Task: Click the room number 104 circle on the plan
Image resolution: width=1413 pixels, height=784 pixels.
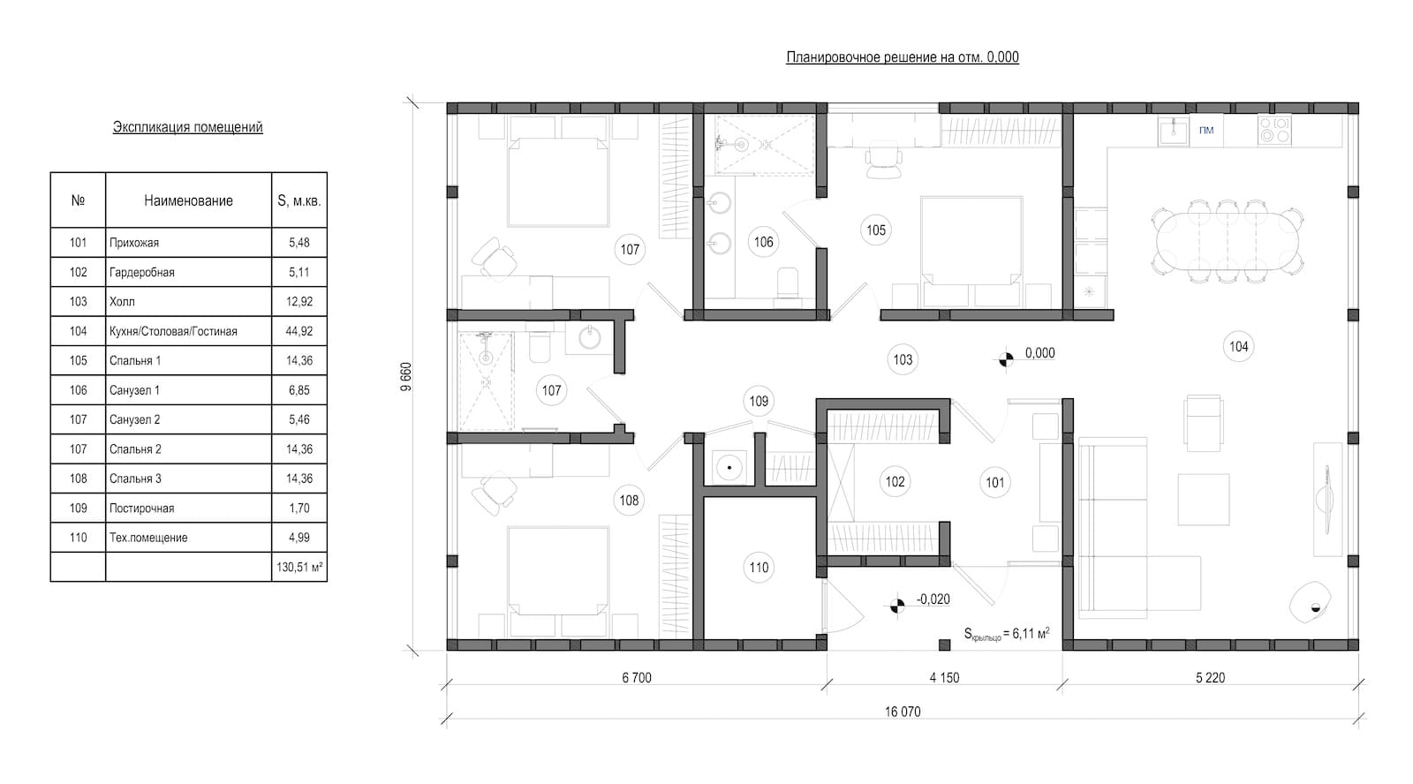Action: coord(1238,347)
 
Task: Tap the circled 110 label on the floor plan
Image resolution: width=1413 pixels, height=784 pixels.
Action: coord(759,568)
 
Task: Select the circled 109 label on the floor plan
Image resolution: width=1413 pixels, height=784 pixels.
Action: coord(759,401)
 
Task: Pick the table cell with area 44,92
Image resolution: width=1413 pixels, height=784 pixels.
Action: coord(299,331)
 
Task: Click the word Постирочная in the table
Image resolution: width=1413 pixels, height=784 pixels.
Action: coord(141,508)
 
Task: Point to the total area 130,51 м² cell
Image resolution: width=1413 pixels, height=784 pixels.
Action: coord(299,567)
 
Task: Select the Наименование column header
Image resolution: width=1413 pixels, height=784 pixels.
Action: coord(188,200)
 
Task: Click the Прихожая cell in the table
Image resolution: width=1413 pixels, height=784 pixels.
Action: coord(134,242)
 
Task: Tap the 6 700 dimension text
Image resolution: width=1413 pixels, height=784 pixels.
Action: coord(636,678)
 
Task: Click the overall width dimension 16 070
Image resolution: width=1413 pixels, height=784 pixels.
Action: coord(902,711)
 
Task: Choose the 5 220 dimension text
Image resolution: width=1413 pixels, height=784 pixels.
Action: coord(1210,678)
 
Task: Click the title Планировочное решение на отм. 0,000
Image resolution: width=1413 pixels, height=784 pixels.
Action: coord(902,57)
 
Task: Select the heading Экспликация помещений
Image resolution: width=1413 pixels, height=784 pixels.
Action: coord(187,127)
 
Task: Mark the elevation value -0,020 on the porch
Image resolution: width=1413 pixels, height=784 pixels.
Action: coord(933,599)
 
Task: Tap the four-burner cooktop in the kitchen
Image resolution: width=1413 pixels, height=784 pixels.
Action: coord(1274,130)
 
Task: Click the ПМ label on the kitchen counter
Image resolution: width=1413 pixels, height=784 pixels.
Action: coord(1206,131)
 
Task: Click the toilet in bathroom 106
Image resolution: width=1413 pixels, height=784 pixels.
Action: coord(784,284)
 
